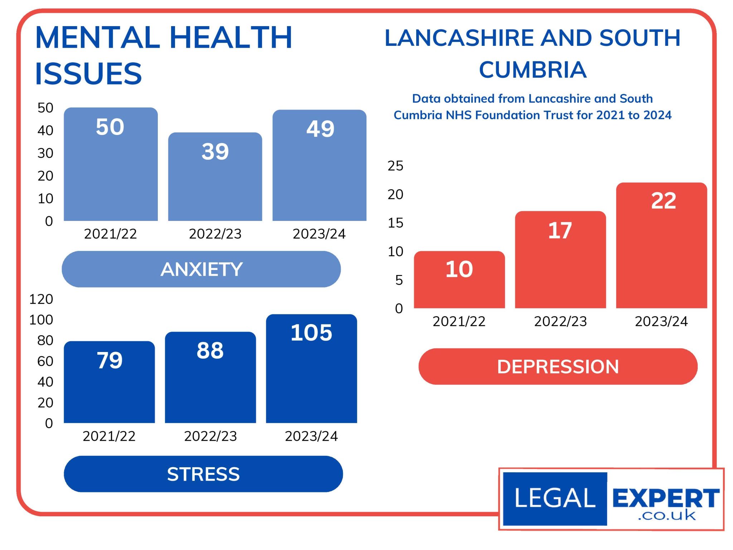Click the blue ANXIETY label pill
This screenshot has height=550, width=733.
pyautogui.click(x=201, y=269)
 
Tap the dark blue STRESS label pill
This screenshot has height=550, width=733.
pyautogui.click(x=203, y=474)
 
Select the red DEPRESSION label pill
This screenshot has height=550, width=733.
pyautogui.click(x=558, y=367)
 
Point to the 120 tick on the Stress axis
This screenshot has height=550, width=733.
pyautogui.click(x=41, y=299)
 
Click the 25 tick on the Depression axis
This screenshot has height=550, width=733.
pyautogui.click(x=395, y=166)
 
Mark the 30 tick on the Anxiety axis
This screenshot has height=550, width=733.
pyautogui.click(x=45, y=153)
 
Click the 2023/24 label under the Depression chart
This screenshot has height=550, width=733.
pyautogui.click(x=661, y=322)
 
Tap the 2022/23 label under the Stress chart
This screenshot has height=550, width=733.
pyautogui.click(x=210, y=436)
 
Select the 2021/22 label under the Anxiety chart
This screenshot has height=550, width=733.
pyautogui.click(x=110, y=234)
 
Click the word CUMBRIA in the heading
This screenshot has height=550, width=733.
pyautogui.click(x=533, y=69)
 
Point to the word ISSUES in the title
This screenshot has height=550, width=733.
pyautogui.click(x=88, y=74)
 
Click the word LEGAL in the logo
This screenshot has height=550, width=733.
pyautogui.click(x=554, y=498)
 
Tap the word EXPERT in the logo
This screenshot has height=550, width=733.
pyautogui.click(x=666, y=498)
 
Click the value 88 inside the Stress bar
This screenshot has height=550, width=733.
pyautogui.click(x=210, y=350)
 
